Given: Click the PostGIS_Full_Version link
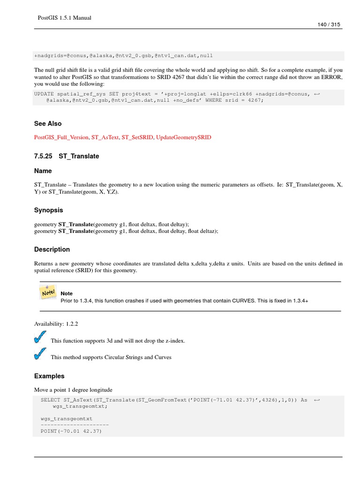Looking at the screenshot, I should click(61, 137).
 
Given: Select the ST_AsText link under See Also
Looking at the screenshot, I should click(105, 137).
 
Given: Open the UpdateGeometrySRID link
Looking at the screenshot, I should click(183, 137).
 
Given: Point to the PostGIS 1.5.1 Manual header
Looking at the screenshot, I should click(64, 18).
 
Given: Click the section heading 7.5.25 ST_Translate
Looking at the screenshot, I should click(67, 156).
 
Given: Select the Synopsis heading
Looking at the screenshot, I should click(49, 210).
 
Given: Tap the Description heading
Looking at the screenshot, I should click(52, 249).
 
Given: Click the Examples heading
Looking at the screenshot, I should click(49, 376).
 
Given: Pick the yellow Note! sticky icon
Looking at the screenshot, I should click(48, 292).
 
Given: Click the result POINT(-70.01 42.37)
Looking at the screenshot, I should click(71, 431).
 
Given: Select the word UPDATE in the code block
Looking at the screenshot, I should click(44, 94).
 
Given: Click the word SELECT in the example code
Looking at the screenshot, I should click(50, 400).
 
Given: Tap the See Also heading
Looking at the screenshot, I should click(48, 124).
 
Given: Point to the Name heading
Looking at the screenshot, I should click(43, 171).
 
